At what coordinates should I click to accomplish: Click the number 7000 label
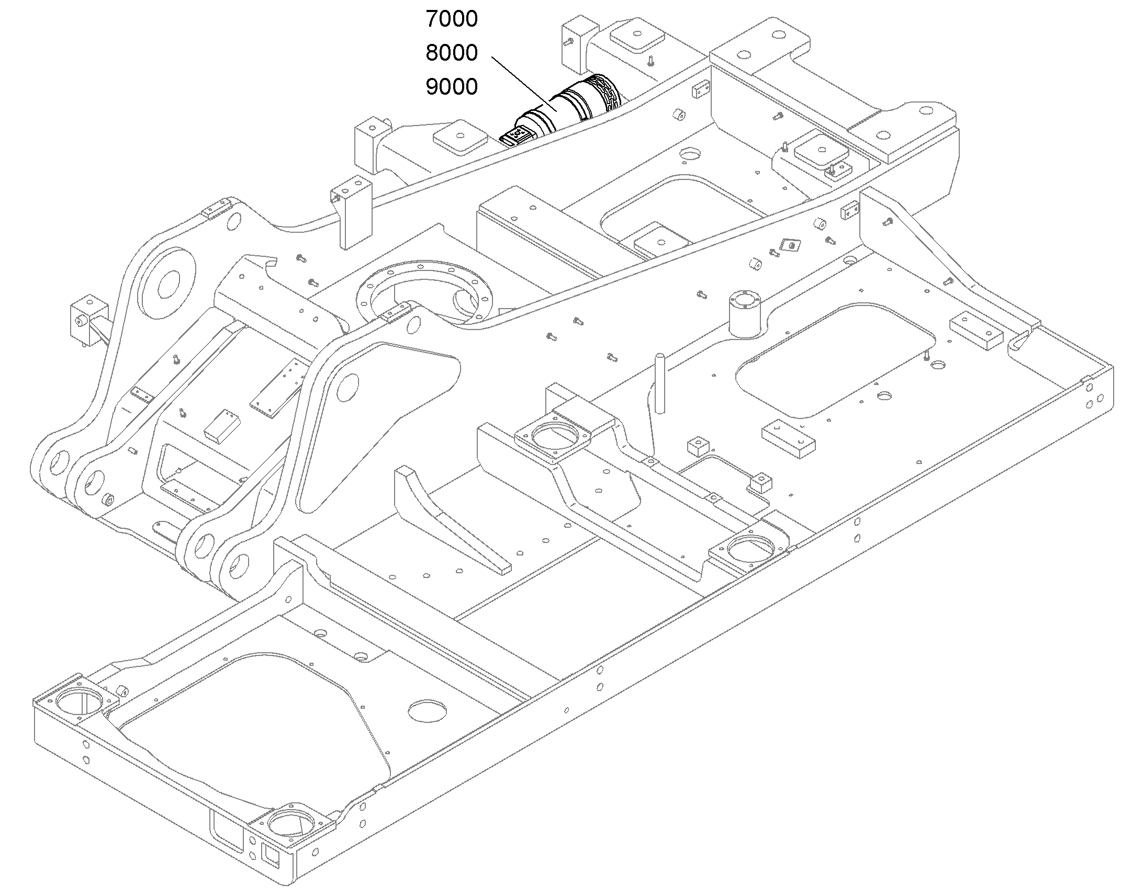pos(451,19)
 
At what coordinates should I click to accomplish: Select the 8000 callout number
pos(451,53)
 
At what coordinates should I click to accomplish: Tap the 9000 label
pos(451,87)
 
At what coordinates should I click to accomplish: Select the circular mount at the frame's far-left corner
pos(78,701)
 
